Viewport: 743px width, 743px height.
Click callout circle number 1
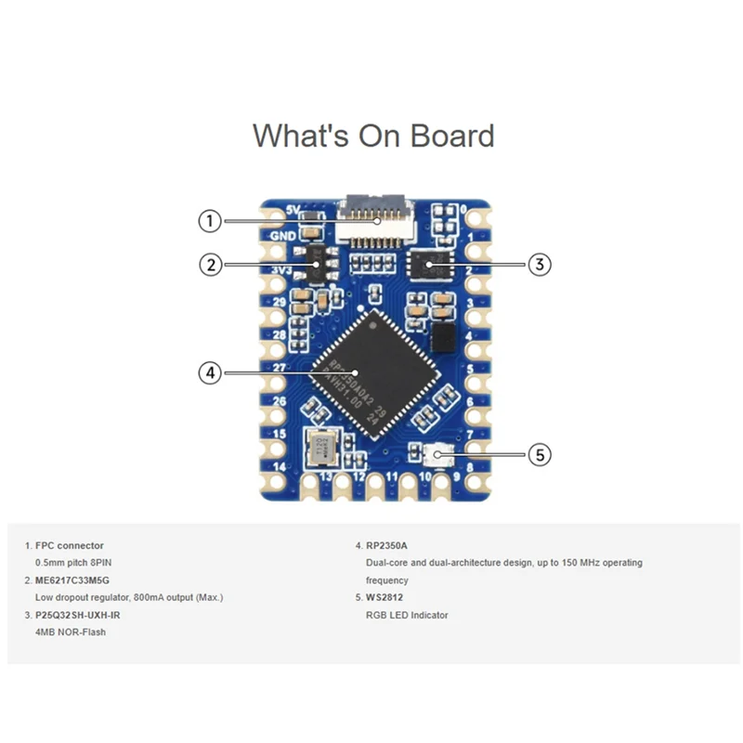coord(211,221)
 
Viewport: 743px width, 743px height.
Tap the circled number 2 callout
coord(211,265)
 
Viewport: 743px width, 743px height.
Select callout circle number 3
coord(540,265)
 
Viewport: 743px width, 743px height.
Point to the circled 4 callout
coord(211,372)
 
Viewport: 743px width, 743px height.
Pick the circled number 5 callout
coord(540,455)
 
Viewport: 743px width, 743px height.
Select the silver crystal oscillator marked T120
coord(322,448)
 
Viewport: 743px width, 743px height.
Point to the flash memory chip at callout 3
coord(428,265)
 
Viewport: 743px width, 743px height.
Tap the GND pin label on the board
coord(282,235)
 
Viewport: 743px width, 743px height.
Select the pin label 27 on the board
coord(279,369)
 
